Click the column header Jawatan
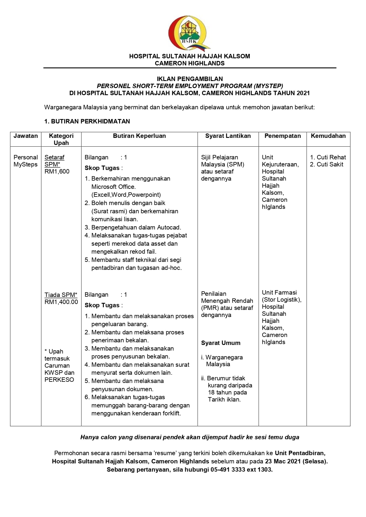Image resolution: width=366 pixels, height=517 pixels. click(26, 136)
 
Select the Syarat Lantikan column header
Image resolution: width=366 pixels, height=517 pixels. click(228, 136)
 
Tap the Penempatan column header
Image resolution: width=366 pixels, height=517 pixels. click(283, 136)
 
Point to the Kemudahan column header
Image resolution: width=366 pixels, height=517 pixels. click(328, 136)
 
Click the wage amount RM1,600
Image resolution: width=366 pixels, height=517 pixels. click(57, 171)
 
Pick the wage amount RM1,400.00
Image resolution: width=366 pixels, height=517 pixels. click(61, 302)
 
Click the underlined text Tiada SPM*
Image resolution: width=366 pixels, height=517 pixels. click(61, 295)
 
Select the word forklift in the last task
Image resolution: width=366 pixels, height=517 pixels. click(171, 413)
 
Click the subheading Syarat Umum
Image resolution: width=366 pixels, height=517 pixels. click(221, 343)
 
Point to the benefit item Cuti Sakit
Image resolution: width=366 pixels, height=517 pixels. click(330, 164)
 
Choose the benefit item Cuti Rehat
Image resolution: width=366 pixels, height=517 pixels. click(331, 157)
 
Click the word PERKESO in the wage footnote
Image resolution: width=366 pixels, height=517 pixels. click(59, 380)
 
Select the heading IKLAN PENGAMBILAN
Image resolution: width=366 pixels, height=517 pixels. click(190, 79)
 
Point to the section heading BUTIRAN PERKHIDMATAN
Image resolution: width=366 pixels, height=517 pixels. click(90, 121)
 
